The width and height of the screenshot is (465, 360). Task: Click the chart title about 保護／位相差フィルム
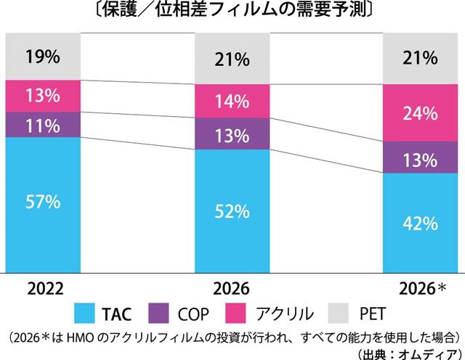coord(232,11)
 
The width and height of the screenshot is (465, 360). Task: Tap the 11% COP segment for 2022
coord(42,125)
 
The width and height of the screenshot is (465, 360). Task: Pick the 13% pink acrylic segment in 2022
coord(42,96)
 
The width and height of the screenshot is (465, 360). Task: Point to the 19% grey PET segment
coord(42,56)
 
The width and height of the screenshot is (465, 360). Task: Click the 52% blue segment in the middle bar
coord(232,211)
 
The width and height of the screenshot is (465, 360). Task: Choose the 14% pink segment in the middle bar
coord(232,102)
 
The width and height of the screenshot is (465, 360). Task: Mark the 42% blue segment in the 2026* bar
coord(421,223)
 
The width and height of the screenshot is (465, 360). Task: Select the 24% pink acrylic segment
coord(421,112)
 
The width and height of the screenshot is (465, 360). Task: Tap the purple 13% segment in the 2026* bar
coord(421,158)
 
